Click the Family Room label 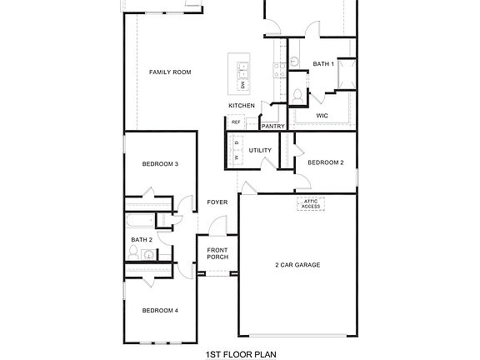coord(170,72)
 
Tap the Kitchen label coord(242,106)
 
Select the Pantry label coord(273,126)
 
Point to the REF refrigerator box coord(236,122)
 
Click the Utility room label coord(260,150)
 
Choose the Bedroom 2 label coord(325,162)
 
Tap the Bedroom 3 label coord(159,164)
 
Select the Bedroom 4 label coord(159,311)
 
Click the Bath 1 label coord(323,64)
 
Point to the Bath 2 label coord(141,240)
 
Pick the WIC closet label coord(322,116)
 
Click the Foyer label coord(217,202)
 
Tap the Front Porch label coord(217,253)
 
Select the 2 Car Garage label coord(297,265)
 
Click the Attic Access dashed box coord(311,204)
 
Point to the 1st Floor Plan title coord(240,353)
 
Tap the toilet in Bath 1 coord(297,93)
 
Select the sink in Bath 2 coord(147,255)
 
